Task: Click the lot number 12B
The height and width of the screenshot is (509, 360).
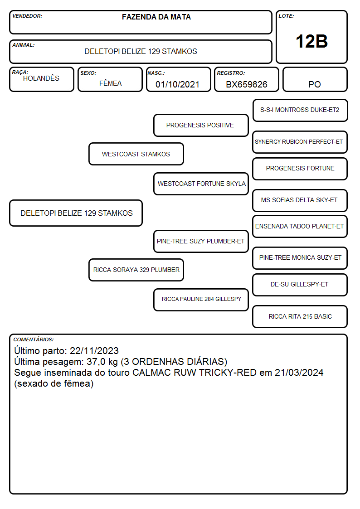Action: [311, 41]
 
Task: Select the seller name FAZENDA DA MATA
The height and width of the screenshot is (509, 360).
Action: [156, 17]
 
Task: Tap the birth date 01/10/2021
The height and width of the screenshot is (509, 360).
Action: [177, 84]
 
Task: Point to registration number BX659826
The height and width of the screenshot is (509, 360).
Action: [247, 84]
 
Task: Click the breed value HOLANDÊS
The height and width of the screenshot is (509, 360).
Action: [41, 78]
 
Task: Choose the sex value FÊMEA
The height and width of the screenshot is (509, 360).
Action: [110, 83]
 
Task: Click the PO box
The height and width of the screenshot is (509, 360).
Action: [315, 79]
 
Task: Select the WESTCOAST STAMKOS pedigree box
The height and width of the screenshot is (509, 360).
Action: [136, 154]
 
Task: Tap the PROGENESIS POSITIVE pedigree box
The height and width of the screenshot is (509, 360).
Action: [201, 125]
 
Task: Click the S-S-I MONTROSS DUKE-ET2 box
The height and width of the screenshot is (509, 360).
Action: [300, 111]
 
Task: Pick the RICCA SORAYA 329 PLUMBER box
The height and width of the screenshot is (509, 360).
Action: [136, 270]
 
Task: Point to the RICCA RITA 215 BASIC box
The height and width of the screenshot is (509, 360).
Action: [300, 316]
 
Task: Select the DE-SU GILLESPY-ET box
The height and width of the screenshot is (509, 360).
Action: [300, 285]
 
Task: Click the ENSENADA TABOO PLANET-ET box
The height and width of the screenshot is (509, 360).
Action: [300, 226]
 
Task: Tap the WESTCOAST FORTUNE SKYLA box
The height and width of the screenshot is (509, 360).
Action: [201, 184]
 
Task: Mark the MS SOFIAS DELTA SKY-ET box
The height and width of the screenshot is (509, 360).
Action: [300, 200]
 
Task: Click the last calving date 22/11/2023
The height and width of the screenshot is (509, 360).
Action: [94, 351]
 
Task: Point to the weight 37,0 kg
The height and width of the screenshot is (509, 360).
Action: [102, 362]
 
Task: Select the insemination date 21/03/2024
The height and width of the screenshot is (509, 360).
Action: [299, 373]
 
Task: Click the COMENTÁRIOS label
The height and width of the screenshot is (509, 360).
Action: [34, 339]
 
